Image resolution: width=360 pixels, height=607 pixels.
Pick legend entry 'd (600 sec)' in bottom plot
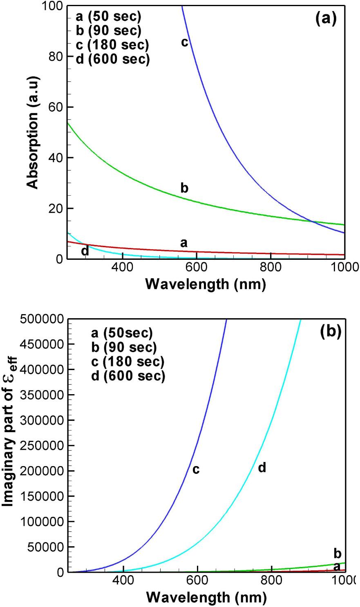(128, 375)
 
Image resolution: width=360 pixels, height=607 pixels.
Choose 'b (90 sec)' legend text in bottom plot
(124, 347)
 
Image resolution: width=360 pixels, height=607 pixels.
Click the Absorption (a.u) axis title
(33, 132)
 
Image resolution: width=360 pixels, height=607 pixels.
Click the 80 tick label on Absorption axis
(54, 56)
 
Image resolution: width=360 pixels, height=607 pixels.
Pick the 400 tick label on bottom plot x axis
(123, 580)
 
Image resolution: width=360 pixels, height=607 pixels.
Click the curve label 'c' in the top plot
(185, 42)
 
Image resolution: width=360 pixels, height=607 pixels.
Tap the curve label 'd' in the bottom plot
(262, 468)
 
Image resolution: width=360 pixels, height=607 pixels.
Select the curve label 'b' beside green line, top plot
(184, 188)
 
